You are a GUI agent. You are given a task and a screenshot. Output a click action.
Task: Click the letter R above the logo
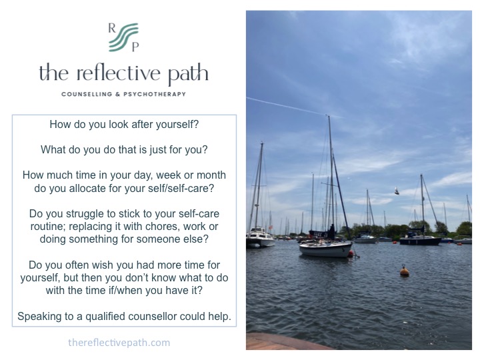pos(112,27)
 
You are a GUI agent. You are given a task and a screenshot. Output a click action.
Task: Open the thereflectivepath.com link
pos(119,343)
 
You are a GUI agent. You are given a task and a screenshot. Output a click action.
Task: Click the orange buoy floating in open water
pos(404,271)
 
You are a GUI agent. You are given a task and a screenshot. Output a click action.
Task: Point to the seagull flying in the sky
pos(396,191)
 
